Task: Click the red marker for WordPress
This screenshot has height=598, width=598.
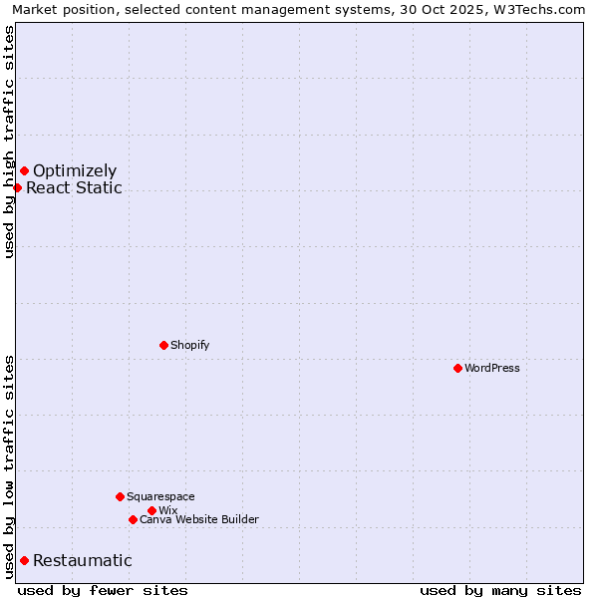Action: tap(457, 368)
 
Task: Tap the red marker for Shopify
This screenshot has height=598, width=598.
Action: tap(163, 345)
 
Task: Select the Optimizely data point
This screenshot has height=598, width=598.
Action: tap(24, 170)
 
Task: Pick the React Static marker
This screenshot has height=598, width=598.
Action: tap(17, 187)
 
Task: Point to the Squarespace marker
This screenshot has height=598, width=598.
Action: tap(120, 496)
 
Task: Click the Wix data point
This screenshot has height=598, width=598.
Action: tap(151, 510)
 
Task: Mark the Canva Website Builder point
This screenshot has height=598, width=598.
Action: tap(133, 519)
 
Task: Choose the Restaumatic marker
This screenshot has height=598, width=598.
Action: tap(24, 560)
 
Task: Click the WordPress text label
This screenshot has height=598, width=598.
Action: tap(492, 368)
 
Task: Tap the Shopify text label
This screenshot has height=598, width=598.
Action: tap(190, 345)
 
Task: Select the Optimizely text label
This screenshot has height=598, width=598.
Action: tap(75, 170)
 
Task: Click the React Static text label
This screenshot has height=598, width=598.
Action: tap(74, 187)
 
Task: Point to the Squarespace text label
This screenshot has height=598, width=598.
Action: tap(160, 496)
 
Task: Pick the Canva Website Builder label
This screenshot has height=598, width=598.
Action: tap(199, 519)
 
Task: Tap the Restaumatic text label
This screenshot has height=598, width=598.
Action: tap(83, 560)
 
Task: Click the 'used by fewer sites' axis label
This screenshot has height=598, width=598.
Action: tap(103, 590)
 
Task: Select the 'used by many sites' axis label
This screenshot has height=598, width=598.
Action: tap(500, 590)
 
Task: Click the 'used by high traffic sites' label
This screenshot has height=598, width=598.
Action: tap(9, 142)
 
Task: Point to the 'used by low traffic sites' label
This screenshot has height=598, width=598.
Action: tap(9, 465)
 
